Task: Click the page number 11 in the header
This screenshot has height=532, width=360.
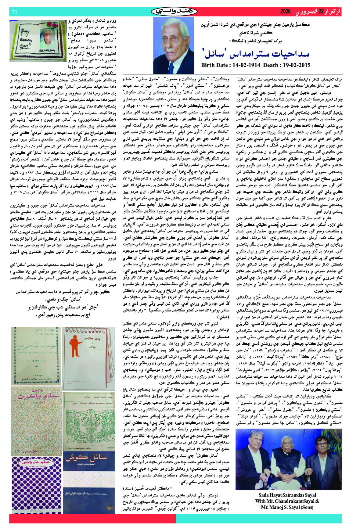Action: [x=14, y=12]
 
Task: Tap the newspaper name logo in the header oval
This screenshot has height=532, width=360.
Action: [x=174, y=12]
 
